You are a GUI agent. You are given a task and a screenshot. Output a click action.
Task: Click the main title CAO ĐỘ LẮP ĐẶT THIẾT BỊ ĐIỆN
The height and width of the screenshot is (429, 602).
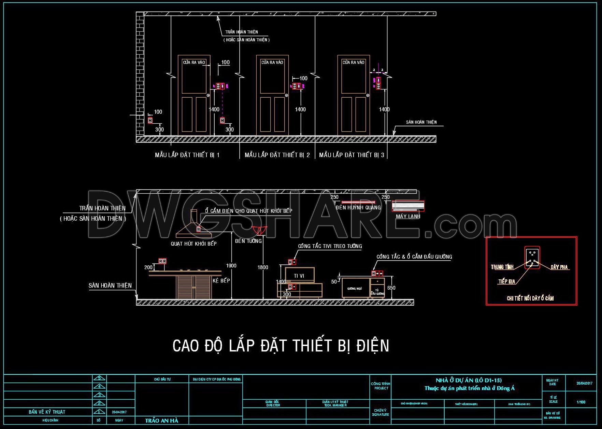click(x=281, y=346)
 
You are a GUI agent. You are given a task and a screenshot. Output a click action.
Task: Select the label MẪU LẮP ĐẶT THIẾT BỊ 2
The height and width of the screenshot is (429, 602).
click(x=277, y=155)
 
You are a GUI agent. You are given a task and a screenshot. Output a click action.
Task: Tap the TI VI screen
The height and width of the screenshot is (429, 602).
click(x=299, y=275)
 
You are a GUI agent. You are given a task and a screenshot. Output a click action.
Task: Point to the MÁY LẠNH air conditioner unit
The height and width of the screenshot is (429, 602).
click(x=408, y=206)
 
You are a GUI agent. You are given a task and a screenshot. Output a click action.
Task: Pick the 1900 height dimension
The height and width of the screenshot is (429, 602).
click(x=231, y=265)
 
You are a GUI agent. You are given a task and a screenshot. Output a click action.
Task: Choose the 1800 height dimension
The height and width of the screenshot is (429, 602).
click(x=263, y=267)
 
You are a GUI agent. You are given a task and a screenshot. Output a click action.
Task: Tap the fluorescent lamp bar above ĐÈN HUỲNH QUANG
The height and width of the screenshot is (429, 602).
click(x=358, y=202)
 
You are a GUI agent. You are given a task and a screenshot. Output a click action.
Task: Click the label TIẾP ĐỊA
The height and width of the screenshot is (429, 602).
click(x=506, y=281)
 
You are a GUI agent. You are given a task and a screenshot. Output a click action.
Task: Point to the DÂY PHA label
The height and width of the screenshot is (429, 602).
click(x=559, y=267)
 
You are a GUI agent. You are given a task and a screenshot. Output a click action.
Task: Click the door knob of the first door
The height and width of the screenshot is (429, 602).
click(x=208, y=96)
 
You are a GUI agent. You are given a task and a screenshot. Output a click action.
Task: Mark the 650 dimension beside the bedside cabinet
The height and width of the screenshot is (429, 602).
click(x=391, y=288)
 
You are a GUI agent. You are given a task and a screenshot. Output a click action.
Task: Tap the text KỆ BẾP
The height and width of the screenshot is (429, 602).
click(x=221, y=280)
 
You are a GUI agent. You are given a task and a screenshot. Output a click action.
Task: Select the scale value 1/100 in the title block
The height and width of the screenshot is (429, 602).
click(x=581, y=402)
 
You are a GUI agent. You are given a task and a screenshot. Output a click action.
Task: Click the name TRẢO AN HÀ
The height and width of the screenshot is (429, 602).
click(x=161, y=420)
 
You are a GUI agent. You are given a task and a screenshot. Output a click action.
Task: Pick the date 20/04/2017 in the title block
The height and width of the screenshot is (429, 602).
click(x=584, y=383)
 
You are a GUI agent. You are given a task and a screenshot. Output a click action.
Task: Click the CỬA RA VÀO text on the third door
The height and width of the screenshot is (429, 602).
click(x=353, y=63)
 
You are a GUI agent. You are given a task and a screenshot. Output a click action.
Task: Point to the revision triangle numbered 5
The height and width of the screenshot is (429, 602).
click(x=99, y=378)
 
